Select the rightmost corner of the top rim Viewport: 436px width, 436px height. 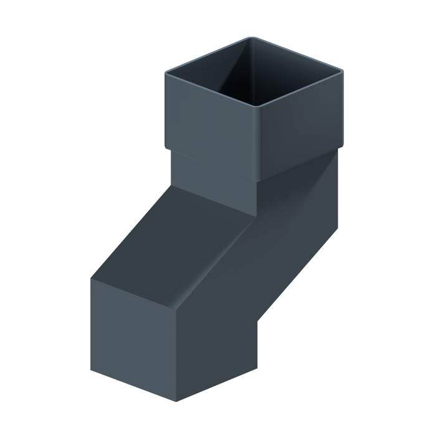[343, 72]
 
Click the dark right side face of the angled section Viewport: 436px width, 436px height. [293, 249]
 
